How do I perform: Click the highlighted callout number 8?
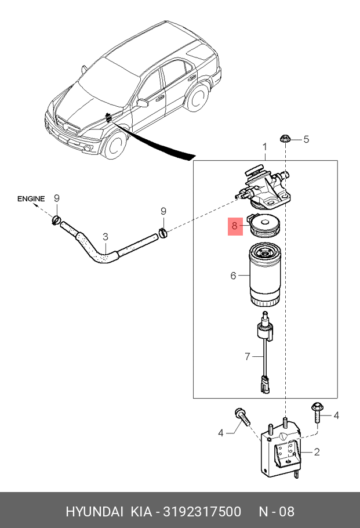pyautogui.click(x=234, y=226)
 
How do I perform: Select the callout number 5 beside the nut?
pyautogui.click(x=307, y=139)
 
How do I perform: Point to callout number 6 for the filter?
pyautogui.click(x=233, y=276)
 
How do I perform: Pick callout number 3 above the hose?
pyautogui.click(x=106, y=236)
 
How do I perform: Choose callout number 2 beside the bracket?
pyautogui.click(x=317, y=452)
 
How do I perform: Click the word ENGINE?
pyautogui.click(x=31, y=199)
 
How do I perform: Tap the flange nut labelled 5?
pyautogui.click(x=285, y=138)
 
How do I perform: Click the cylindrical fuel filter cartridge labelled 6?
pyautogui.click(x=266, y=276)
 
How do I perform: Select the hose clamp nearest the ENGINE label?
pyautogui.click(x=56, y=219)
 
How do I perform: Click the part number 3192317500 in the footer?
pyautogui.click(x=203, y=512)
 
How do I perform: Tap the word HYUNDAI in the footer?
pyautogui.click(x=94, y=512)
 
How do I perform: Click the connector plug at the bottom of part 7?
pyautogui.click(x=265, y=385)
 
